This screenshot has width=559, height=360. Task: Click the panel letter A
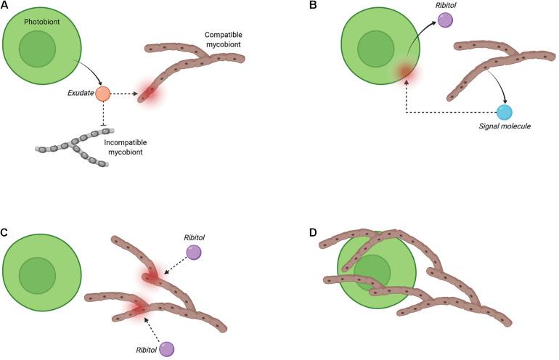pos(5,6)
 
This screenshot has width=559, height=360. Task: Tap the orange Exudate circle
pos(103,93)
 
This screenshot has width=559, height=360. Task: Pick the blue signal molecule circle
pos(505,112)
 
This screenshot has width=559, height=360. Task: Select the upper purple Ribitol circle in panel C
pos(194,252)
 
